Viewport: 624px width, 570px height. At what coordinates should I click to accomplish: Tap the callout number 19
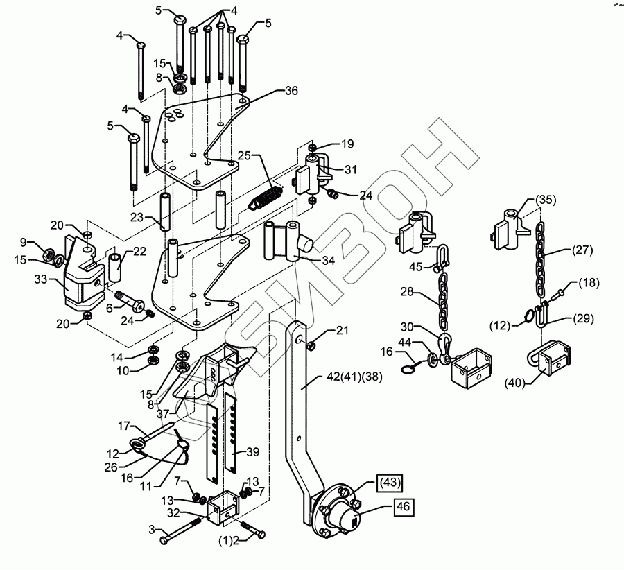pyautogui.click(x=347, y=144)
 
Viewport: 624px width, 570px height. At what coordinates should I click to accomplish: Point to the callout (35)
pyautogui.click(x=546, y=200)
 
